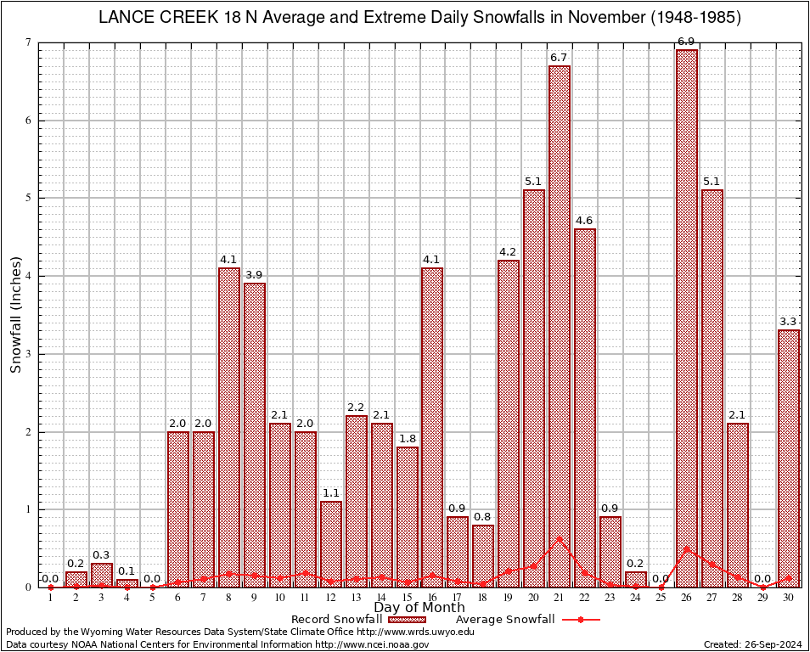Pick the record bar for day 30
[789, 458]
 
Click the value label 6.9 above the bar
[687, 42]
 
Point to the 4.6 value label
[585, 221]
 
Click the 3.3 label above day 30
[789, 322]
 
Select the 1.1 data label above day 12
[330, 493]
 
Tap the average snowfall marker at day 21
[560, 538]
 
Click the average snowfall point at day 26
[687, 549]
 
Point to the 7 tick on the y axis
[28, 42]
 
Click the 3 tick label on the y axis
[28, 354]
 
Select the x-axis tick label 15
[407, 598]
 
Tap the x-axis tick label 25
[661, 598]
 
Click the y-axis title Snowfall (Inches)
[15, 315]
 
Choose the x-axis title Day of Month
[419, 608]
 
